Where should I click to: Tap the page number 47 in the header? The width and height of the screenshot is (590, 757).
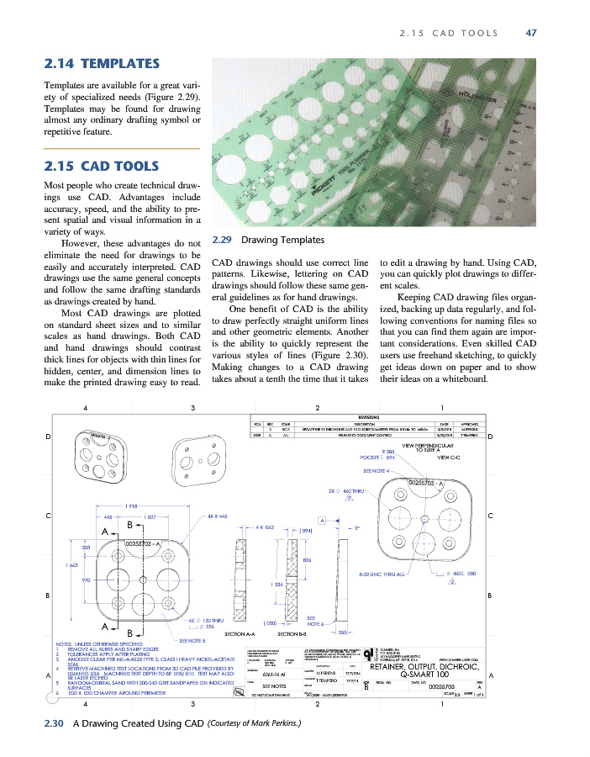530,34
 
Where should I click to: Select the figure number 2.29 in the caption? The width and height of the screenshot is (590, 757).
223,240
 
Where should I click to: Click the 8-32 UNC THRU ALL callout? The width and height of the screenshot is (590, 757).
382,574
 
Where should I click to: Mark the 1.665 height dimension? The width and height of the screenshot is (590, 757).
73,565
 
